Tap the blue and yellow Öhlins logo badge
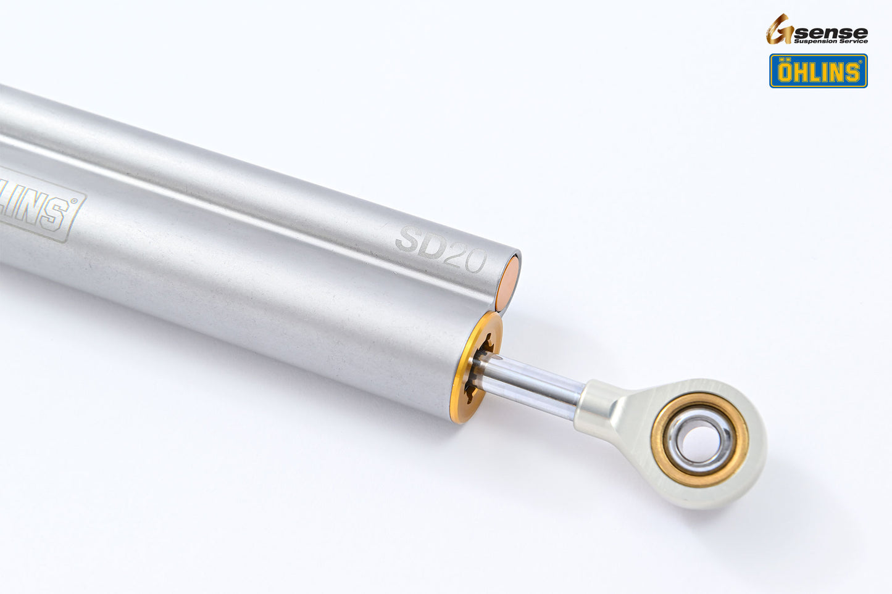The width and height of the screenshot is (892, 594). [818, 71]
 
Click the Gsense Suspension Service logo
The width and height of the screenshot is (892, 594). [817, 30]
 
